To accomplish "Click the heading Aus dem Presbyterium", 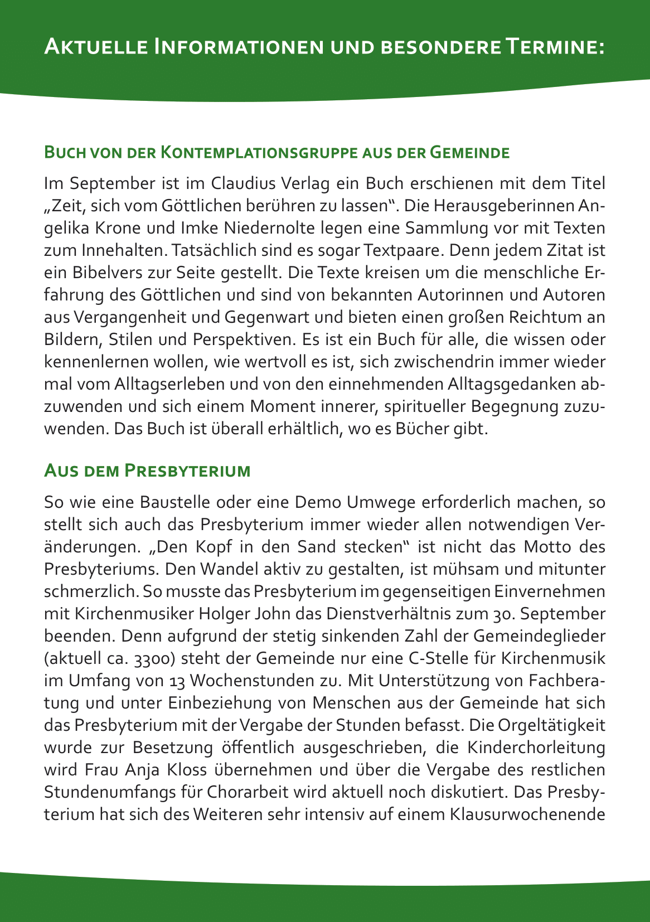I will coord(147,470).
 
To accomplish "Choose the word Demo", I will coord(318,502).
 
